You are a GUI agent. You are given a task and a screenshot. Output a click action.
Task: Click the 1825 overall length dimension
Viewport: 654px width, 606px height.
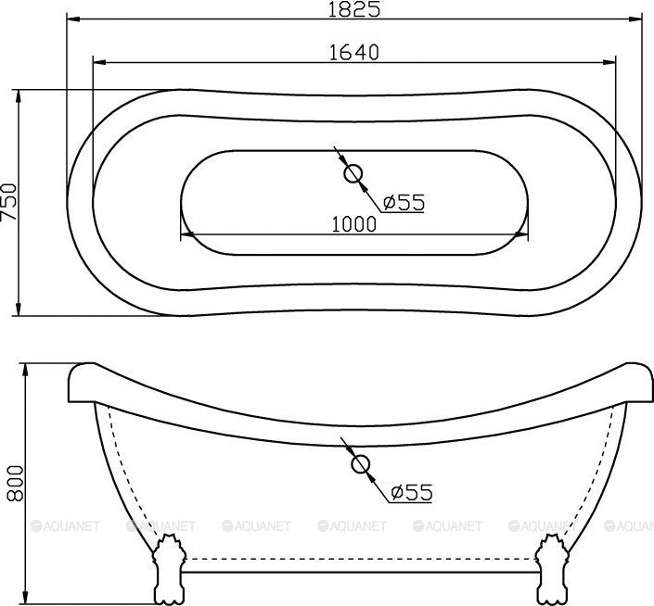pos(355,8)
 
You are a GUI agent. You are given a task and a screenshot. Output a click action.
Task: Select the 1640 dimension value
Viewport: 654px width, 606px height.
pos(355,52)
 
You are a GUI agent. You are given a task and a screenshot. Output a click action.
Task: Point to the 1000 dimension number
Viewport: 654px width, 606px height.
pos(353,223)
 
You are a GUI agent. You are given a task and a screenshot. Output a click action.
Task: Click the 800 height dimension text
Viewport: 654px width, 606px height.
pos(12,483)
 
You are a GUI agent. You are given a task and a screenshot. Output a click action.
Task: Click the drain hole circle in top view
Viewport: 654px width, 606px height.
pos(353,173)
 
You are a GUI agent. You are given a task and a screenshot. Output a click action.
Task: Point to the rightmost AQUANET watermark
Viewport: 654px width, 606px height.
pos(631,526)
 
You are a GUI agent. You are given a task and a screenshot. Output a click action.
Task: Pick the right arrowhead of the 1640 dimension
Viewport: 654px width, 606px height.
pos(610,63)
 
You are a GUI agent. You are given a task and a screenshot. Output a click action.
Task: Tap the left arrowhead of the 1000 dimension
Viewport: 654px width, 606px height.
pos(186,234)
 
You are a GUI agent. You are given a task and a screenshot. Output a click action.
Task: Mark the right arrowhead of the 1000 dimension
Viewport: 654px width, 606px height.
pos(521,234)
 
